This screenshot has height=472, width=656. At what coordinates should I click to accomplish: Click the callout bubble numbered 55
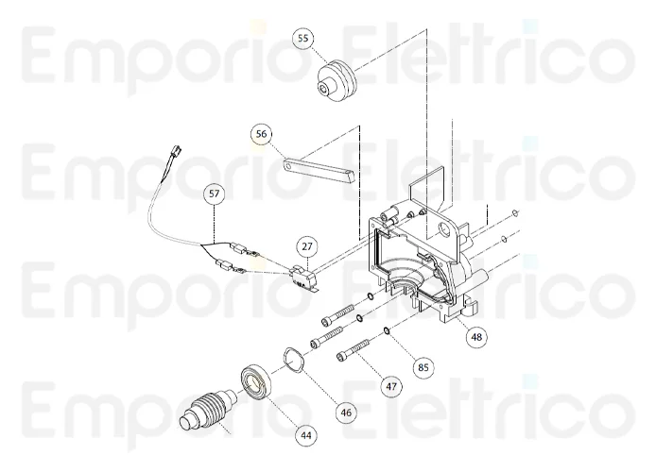coord(302,39)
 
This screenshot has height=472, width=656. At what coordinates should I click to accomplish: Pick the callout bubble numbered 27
coord(306,246)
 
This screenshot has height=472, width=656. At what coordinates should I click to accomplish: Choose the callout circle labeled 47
coord(390,385)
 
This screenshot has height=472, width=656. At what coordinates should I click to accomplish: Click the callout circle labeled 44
coord(305,435)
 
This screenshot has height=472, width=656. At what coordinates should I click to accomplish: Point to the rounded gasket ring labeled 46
coord(289,360)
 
